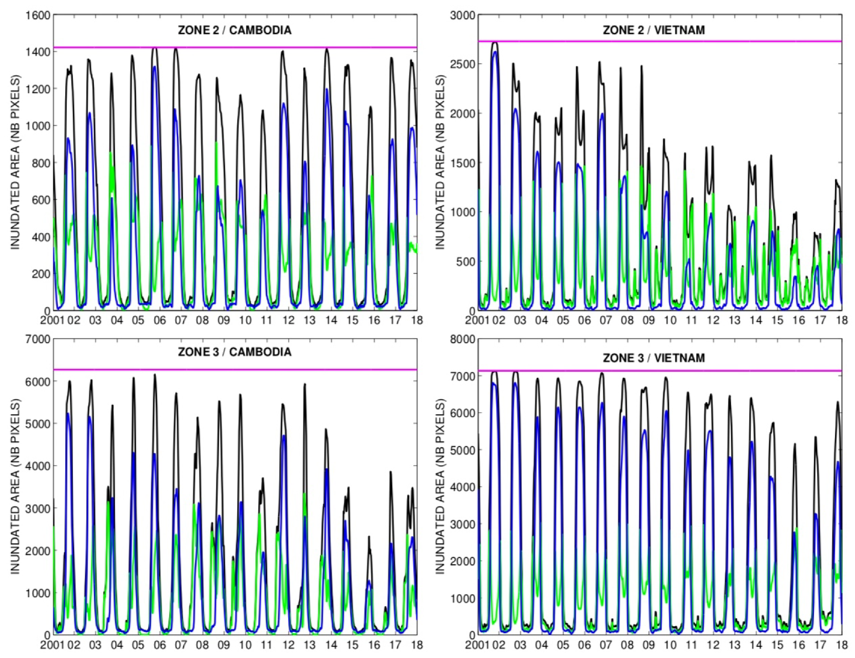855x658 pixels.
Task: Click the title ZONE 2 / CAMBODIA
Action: point(234,30)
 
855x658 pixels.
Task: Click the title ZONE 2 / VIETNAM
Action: point(654,30)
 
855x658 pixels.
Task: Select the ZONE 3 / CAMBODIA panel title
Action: point(234,352)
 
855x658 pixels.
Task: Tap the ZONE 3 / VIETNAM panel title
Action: point(654,358)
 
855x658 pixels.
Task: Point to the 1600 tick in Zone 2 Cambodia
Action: point(37,15)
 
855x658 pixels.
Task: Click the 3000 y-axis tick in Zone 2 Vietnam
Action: point(462,15)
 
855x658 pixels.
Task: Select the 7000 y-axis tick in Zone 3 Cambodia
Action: point(37,339)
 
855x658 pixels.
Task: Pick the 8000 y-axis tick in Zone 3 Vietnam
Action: point(462,339)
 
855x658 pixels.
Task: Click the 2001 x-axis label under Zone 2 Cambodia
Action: point(52,320)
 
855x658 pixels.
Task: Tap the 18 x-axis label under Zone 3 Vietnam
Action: point(841,644)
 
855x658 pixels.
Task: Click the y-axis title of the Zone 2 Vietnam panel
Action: point(440,162)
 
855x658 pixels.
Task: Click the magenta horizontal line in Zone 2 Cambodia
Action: point(234,47)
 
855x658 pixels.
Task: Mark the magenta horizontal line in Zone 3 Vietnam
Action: point(656,371)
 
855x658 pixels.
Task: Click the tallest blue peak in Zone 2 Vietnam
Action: point(495,52)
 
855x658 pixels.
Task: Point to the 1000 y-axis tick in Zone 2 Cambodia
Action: point(37,125)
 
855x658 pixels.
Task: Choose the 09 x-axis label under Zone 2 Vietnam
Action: point(648,320)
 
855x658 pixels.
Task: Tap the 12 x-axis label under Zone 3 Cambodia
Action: point(288,644)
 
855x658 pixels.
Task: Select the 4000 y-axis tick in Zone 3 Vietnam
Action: point(462,487)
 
